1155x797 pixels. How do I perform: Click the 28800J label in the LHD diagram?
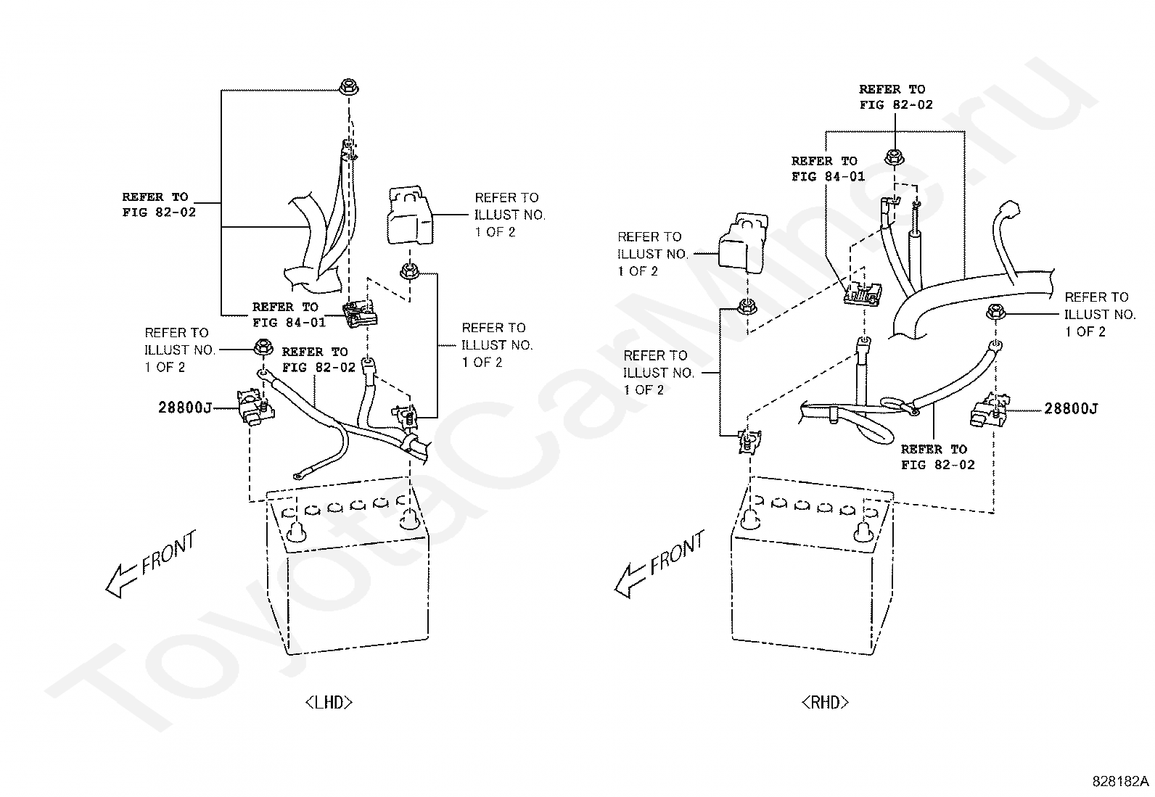pos(184,408)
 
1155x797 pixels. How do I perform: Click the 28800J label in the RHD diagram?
pos(1071,409)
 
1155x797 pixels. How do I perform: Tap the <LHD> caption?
pos(329,702)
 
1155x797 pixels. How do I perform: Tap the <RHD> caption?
pos(825,702)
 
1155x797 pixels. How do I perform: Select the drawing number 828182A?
pos(1121,781)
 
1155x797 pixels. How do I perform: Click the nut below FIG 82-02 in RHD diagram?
pos(893,156)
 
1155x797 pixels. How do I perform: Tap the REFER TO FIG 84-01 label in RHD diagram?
pos(828,169)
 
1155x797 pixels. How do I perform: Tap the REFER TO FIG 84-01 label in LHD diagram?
pos(285,314)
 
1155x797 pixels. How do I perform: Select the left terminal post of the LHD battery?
pos(295,531)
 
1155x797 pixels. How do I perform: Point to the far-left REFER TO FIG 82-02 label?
pos(158,205)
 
